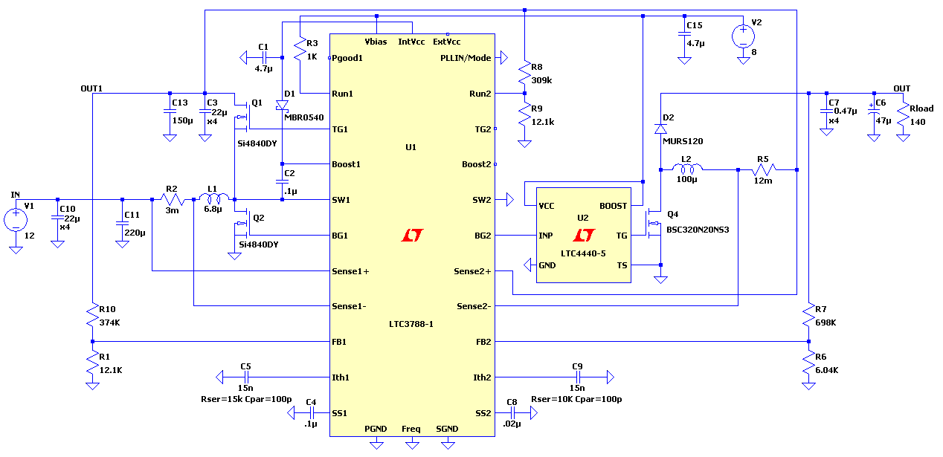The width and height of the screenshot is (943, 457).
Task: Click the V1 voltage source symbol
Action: pos(16,220)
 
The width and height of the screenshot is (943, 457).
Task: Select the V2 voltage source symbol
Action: pos(743,36)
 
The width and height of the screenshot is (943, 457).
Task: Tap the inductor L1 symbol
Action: pos(216,199)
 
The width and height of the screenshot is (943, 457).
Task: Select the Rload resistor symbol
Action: pos(903,114)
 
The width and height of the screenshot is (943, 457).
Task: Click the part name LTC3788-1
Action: pos(412,324)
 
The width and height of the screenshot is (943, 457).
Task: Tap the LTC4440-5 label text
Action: pos(583,253)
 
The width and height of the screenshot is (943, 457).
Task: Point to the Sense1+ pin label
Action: pos(350,271)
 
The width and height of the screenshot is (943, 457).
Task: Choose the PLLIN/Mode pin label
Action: pos(466,57)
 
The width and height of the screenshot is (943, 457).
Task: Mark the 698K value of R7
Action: pos(825,323)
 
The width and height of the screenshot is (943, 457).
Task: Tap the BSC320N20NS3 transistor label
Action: pos(698,230)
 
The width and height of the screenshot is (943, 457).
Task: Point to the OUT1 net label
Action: pos(91,88)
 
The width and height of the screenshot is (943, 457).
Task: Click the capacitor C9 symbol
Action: pos(577,377)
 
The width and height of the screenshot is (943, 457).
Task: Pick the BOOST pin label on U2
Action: pos(613,206)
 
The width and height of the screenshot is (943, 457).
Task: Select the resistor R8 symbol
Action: pos(525,73)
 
